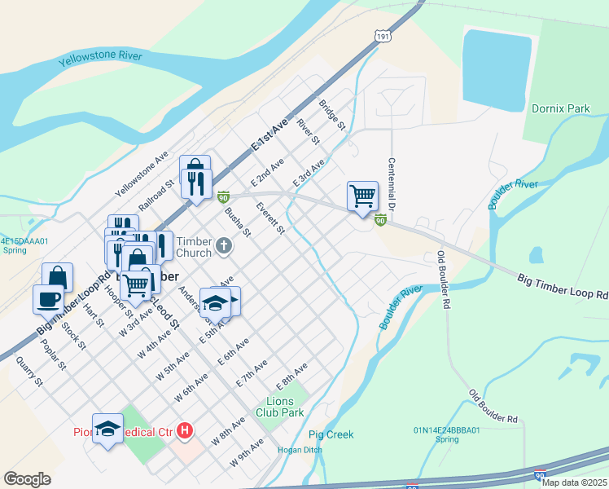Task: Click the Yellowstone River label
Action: tap(100, 59)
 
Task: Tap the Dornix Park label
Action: tap(560, 108)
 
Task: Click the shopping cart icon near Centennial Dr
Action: tap(362, 196)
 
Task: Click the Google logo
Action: tap(28, 478)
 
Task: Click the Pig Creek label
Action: tap(331, 434)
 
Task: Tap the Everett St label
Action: tap(269, 218)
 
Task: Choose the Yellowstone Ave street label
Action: tap(142, 174)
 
